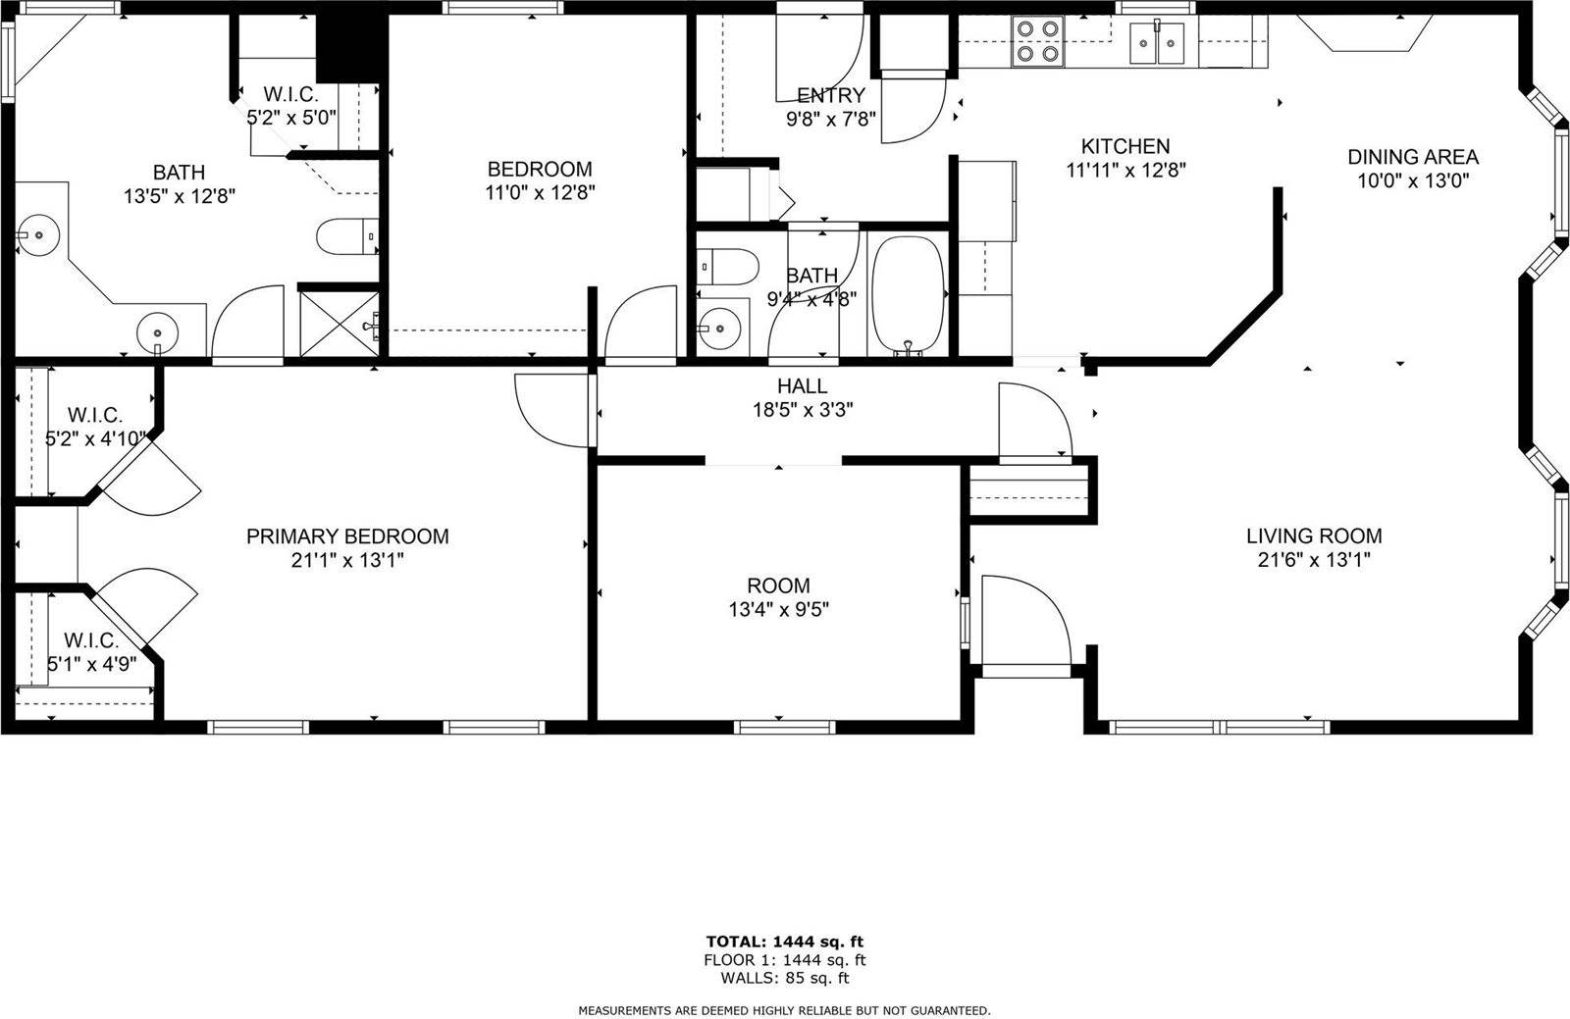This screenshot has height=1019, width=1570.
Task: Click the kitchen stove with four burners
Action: pos(1038,41)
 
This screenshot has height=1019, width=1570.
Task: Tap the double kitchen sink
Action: pos(1159,43)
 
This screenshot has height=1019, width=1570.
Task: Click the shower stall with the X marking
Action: pos(339,319)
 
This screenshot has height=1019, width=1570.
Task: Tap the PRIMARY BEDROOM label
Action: pos(347,536)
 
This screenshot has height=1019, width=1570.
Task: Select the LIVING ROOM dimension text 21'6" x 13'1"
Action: pos(1314,560)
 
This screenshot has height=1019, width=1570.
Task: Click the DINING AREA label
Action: pos(1412,157)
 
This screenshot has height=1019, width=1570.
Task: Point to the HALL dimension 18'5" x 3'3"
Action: pos(802,410)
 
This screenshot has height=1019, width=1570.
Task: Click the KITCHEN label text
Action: pos(1125,146)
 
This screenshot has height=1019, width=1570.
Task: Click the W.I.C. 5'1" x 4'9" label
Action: pos(91,651)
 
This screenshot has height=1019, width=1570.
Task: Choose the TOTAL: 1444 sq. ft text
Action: pos(784,942)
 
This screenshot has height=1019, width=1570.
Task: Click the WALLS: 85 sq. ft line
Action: pos(784,978)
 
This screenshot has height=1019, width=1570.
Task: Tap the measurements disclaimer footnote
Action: pos(784,1009)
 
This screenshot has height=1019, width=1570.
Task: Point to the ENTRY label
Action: pos(830,95)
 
